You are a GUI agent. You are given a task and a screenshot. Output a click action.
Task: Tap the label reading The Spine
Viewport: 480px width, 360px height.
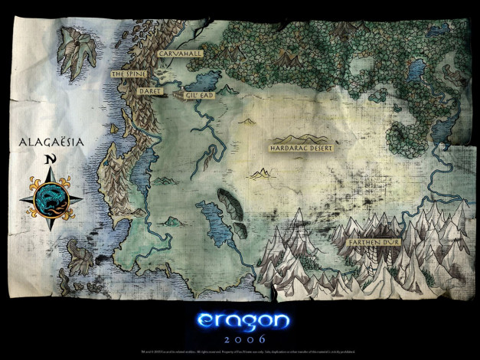click(128, 74)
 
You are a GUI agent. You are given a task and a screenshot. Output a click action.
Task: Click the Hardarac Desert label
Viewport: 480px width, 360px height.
click(303, 146)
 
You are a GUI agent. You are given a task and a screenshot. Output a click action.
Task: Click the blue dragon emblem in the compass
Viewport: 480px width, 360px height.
click(51, 198)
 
